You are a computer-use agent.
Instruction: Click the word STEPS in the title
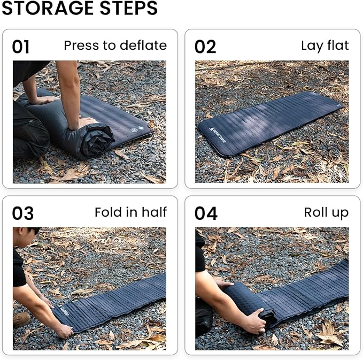coord(129,8)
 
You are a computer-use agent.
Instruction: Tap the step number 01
coord(21,47)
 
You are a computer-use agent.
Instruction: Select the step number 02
coord(205,47)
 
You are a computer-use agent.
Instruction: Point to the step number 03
coord(22,213)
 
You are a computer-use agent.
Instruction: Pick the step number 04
coord(206,213)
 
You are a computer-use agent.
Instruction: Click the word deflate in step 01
coord(143,45)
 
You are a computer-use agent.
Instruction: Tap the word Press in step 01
coord(82,45)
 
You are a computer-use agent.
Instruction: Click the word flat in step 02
coord(338,45)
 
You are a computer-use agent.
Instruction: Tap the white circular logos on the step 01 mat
coord(137,129)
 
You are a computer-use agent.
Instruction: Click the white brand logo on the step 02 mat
coord(217,135)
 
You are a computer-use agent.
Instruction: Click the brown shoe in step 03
coord(21,320)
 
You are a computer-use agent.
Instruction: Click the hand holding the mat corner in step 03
coord(65,331)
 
